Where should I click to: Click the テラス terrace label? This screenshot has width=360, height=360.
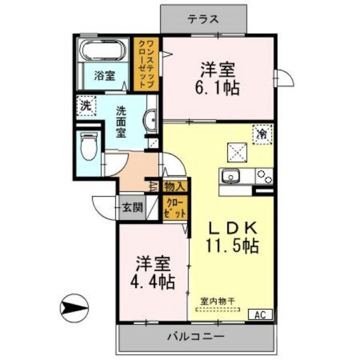pyautogui.click(x=203, y=18)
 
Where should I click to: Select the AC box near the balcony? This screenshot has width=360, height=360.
pyautogui.click(x=260, y=314)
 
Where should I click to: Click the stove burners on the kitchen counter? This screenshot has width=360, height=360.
pyautogui.click(x=264, y=177)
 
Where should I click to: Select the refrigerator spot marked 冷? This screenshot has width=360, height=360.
pyautogui.click(x=262, y=135)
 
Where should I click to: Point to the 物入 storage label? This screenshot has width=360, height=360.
pyautogui.click(x=174, y=186)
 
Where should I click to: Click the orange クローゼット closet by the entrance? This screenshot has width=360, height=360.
pyautogui.click(x=175, y=208)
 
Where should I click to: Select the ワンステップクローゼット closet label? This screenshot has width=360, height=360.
pyautogui.click(x=146, y=63)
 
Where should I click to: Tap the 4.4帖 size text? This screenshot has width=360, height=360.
pyautogui.click(x=155, y=281)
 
